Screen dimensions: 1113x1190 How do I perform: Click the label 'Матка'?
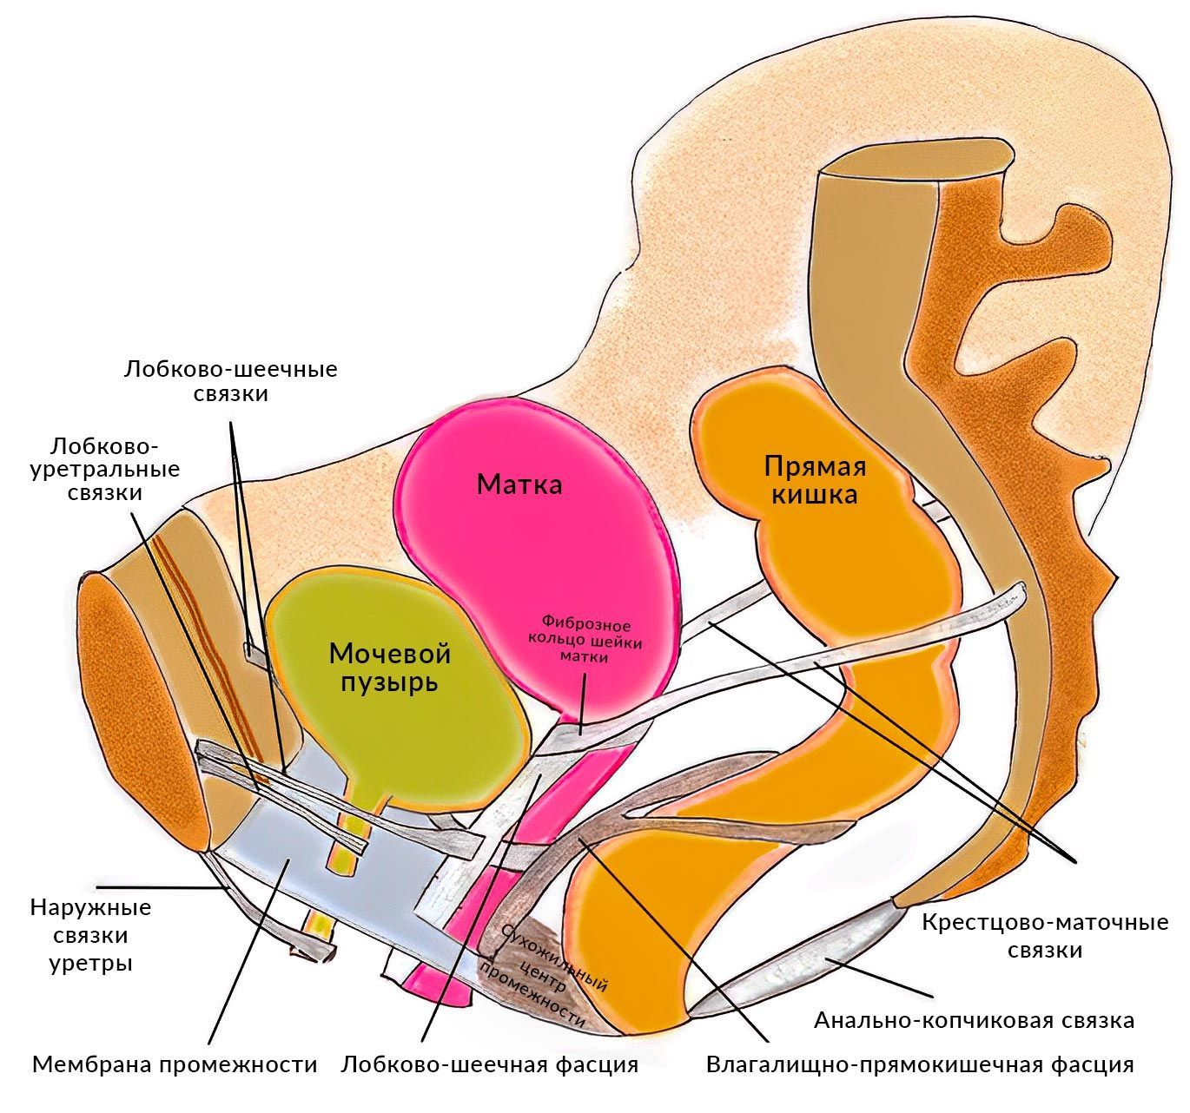click(x=519, y=484)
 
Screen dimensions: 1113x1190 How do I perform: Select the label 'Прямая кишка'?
click(x=815, y=480)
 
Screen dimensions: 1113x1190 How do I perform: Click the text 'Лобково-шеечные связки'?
click(x=230, y=381)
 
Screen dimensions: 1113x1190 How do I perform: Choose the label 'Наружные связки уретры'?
click(x=90, y=935)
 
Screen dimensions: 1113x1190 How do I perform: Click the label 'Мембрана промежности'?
click(x=175, y=1064)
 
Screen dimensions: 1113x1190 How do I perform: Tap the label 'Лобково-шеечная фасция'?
click(x=490, y=1064)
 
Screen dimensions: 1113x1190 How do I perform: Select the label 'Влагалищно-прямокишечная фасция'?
click(x=920, y=1064)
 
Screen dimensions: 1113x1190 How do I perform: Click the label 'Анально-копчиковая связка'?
click(x=974, y=1019)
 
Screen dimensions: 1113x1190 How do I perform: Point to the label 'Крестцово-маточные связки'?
click(x=1045, y=935)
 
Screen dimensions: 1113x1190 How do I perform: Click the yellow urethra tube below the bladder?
click(x=343, y=855)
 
